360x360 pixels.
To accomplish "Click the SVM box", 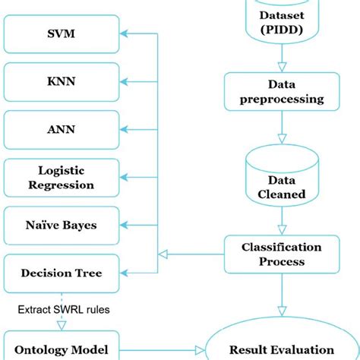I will pyautogui.click(x=61, y=34).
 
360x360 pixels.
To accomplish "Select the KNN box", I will pyautogui.click(x=61, y=80).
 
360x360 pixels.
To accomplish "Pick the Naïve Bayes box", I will pyautogui.click(x=61, y=225).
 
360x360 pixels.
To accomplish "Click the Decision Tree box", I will pyautogui.click(x=61, y=273).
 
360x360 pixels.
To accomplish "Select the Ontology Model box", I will pyautogui.click(x=61, y=349).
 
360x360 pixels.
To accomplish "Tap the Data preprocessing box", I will pyautogui.click(x=282, y=92).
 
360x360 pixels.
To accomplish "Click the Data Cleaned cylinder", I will pyautogui.click(x=282, y=186).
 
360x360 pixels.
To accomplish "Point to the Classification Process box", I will pyautogui.click(x=282, y=254).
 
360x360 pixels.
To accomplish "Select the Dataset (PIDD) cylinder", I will pyautogui.click(x=282, y=21).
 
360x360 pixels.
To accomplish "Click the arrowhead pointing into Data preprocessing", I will pyautogui.click(x=282, y=68).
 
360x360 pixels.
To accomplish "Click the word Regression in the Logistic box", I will pyautogui.click(x=66, y=185).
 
